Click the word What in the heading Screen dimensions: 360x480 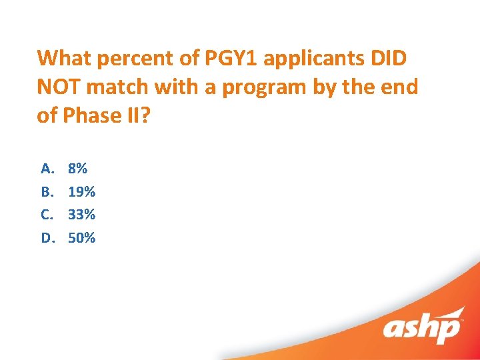65,58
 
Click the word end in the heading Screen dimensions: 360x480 401,87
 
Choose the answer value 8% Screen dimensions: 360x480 77,169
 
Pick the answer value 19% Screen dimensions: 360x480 81,192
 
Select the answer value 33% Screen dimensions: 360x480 81,215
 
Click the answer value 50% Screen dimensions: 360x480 81,238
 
